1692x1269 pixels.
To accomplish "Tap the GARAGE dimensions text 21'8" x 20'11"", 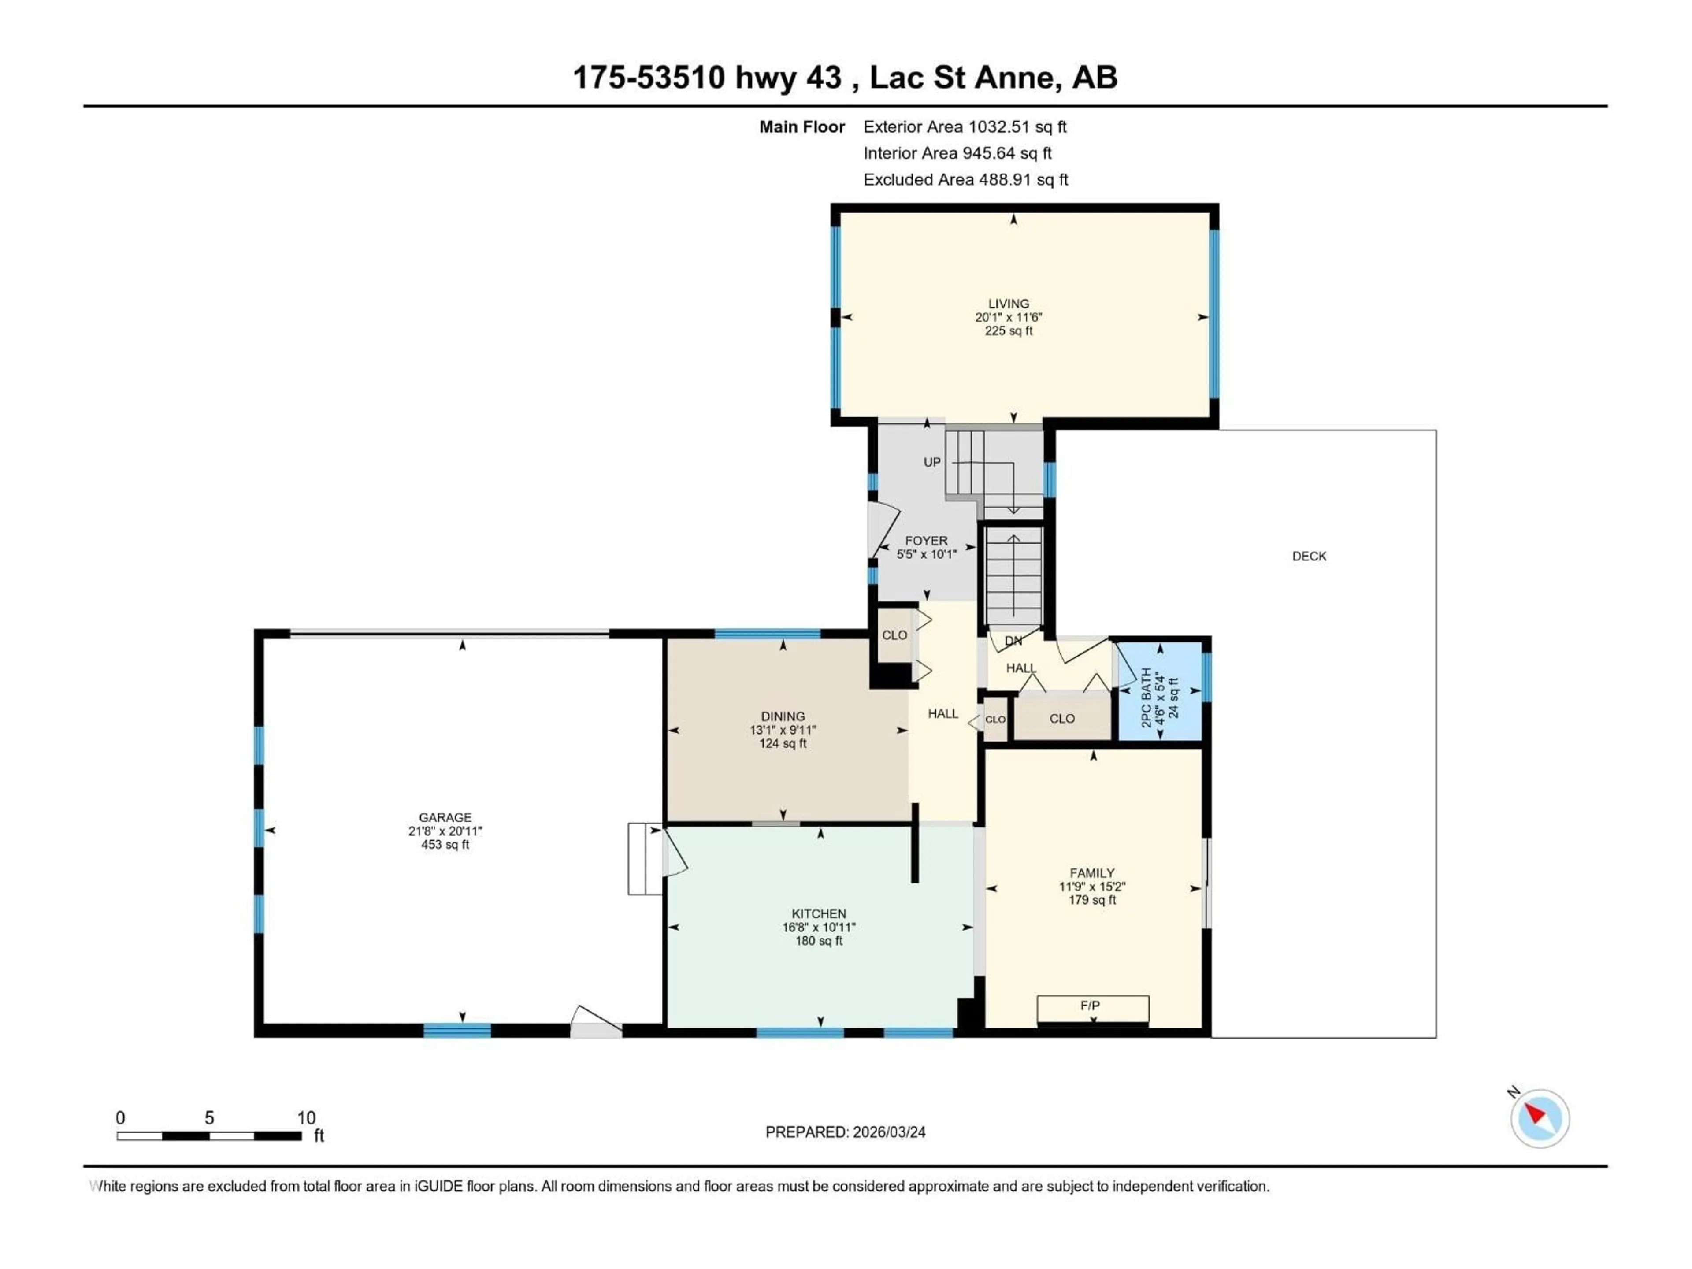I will tap(445, 831).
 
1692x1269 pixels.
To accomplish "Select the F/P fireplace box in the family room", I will tap(1092, 1008).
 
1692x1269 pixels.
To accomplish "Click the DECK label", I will tap(1309, 556).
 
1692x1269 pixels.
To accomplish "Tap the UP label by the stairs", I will tap(931, 462).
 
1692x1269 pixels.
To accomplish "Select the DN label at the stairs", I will tap(1013, 641).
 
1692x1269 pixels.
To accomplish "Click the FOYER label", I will tap(926, 541).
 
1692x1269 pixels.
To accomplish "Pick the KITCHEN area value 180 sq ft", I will tap(819, 941).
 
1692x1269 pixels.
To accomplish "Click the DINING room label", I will tap(783, 717).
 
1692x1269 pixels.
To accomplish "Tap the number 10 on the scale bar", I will tap(306, 1117).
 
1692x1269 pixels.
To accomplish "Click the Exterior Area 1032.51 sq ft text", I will tap(965, 127).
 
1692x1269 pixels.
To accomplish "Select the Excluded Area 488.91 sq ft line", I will tap(965, 180).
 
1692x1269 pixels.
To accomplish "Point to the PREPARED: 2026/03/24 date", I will tap(845, 1132).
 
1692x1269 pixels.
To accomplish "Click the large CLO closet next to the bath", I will tap(1062, 718).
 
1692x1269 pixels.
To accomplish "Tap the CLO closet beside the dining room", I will tap(894, 635).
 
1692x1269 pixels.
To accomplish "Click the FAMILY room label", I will tap(1091, 873).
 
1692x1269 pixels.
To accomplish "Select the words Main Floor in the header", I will tap(801, 127).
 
